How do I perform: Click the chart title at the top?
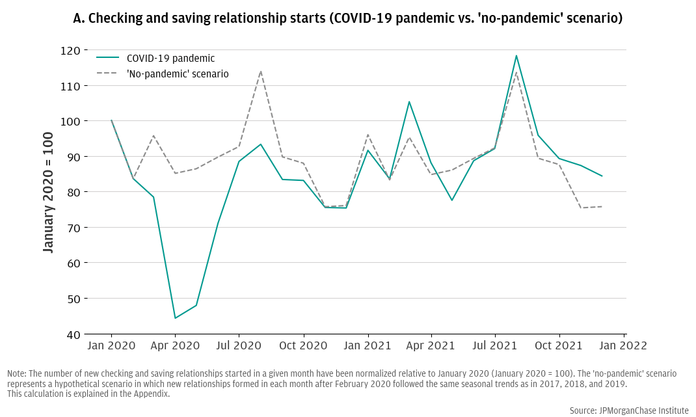pos(348,18)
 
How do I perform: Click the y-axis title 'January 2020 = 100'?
pos(48,191)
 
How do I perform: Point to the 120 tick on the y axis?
pos(71,51)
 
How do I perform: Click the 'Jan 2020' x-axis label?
pos(111,345)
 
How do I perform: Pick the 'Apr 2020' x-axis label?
pos(175,345)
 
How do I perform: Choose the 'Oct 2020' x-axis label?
pos(303,345)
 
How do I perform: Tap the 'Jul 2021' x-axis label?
pos(495,345)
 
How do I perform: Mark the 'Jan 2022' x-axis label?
pos(623,345)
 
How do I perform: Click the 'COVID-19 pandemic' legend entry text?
pos(170,59)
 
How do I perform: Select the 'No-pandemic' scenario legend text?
pos(178,74)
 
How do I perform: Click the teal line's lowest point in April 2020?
pos(175,318)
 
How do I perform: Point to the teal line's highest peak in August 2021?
pos(516,55)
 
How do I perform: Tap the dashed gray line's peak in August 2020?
pos(261,71)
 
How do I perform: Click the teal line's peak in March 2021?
pos(409,101)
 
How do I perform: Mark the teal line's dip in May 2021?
pos(451,200)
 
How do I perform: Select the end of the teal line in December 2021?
pos(602,176)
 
